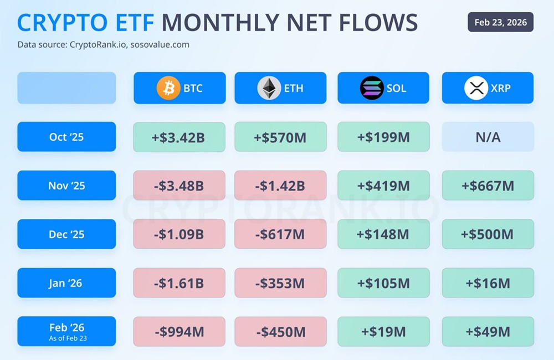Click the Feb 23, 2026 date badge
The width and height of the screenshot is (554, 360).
[x=501, y=22]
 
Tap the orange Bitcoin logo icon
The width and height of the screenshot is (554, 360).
[x=168, y=88]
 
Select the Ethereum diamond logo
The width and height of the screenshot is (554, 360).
[x=269, y=88]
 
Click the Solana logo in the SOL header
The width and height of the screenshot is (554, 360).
[x=372, y=88]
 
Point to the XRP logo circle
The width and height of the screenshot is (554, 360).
[x=476, y=88]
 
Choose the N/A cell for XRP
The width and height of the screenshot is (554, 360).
[x=488, y=137]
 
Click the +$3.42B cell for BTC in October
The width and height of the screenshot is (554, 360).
[x=179, y=137]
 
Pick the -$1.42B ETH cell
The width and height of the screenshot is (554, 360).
[x=280, y=186]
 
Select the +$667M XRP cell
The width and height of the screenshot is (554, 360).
[x=488, y=186]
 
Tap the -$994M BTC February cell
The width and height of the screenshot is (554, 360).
[x=179, y=332]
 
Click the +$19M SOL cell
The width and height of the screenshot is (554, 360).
[x=383, y=332]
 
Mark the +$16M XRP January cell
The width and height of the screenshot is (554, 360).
[x=488, y=283]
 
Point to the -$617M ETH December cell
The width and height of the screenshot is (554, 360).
[x=280, y=234]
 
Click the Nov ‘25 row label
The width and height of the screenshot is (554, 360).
[x=66, y=186]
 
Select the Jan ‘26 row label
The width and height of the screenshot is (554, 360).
[x=66, y=283]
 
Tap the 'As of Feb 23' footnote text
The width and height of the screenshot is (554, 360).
[x=66, y=338]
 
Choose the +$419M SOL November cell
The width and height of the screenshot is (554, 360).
[x=383, y=186]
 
